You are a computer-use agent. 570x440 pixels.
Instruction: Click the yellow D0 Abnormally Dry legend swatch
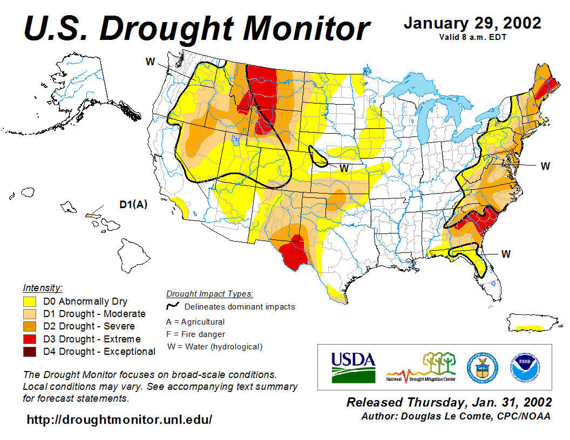click(x=30, y=301)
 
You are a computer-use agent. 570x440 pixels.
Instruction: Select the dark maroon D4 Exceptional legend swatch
click(x=30, y=352)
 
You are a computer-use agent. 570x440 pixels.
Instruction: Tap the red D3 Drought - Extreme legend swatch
click(x=30, y=339)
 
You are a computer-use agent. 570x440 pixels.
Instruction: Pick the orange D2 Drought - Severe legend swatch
click(x=30, y=326)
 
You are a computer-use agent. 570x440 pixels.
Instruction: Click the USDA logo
click(x=353, y=367)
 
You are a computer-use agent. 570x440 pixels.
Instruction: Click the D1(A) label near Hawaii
click(x=133, y=204)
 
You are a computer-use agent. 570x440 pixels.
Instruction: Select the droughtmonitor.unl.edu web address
click(x=119, y=419)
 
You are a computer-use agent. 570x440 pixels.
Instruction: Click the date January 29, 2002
click(x=472, y=23)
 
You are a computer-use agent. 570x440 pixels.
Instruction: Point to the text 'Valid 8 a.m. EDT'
click(x=472, y=37)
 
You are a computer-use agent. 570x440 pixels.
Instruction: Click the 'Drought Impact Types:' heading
click(x=209, y=294)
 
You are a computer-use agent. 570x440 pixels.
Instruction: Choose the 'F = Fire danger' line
click(x=195, y=334)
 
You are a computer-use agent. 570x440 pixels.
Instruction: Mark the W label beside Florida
click(x=506, y=253)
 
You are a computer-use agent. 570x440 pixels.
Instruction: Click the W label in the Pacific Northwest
click(x=151, y=62)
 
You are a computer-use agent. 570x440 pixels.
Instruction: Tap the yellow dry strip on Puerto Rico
click(x=530, y=327)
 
